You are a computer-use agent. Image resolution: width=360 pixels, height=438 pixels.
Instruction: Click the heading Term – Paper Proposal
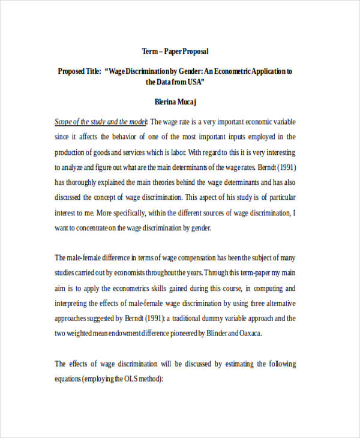(175, 52)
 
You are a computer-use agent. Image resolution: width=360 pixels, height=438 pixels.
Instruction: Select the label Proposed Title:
(79, 71)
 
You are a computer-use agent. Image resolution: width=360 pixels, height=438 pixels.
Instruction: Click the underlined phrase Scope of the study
(77, 121)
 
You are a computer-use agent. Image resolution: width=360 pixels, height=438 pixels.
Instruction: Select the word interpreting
(73, 304)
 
